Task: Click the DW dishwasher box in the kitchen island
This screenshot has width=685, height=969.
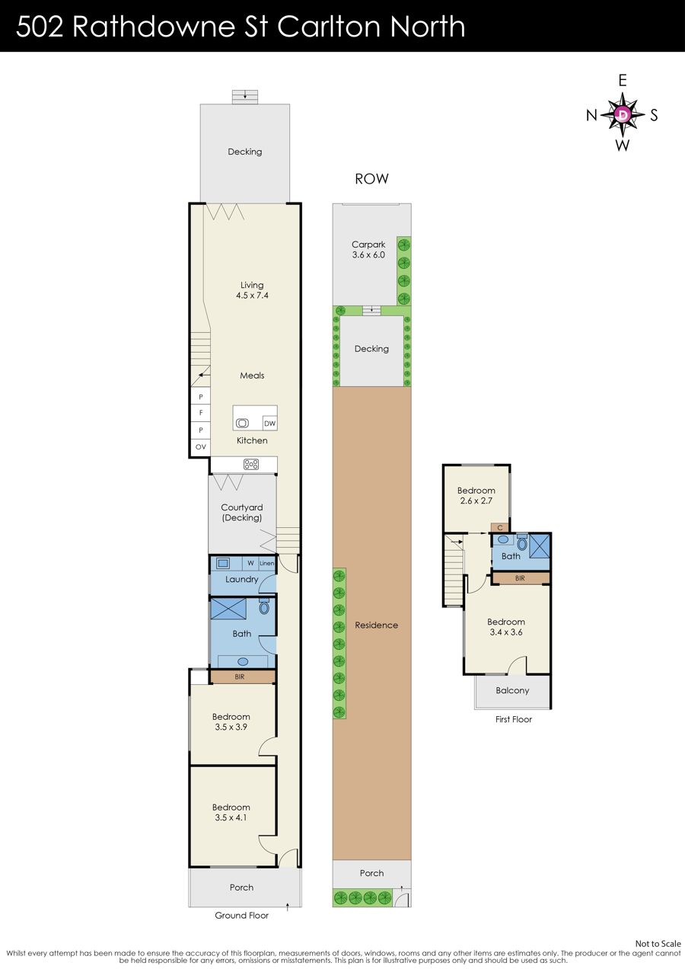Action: (x=269, y=424)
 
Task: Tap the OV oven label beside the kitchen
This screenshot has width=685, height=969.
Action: (x=200, y=447)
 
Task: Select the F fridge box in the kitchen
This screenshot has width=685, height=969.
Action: (x=200, y=413)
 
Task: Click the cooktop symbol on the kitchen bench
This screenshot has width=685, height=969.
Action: (x=251, y=465)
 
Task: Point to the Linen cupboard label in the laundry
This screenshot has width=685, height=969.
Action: (x=266, y=563)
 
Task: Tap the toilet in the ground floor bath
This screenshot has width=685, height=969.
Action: (x=264, y=607)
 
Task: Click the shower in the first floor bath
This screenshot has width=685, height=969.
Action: (x=540, y=545)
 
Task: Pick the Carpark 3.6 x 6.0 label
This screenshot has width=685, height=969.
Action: (x=368, y=250)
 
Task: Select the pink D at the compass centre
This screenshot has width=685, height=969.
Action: (x=623, y=114)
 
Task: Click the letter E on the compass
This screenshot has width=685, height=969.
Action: (x=623, y=81)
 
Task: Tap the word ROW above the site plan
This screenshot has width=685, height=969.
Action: (x=371, y=179)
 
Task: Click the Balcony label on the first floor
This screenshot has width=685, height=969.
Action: (x=512, y=690)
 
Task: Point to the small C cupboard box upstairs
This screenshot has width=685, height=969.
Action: (x=500, y=528)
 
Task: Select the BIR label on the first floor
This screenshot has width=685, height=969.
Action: (x=520, y=578)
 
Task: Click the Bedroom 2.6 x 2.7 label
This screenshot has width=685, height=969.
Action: (x=476, y=495)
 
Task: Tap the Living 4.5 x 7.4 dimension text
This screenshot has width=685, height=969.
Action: (x=252, y=296)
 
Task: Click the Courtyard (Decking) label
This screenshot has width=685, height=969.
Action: (x=241, y=513)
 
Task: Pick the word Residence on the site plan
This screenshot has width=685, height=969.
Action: (x=376, y=625)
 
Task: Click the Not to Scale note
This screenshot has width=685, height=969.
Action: (x=658, y=944)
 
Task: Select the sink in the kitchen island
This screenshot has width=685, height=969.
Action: (x=242, y=423)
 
